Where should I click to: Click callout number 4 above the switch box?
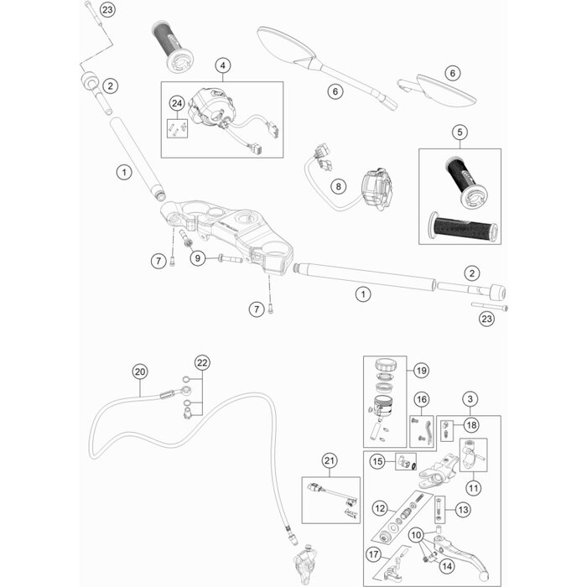[x=222, y=65]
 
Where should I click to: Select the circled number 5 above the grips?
[x=459, y=132]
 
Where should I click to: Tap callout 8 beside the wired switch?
[x=338, y=186]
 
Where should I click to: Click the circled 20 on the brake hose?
[x=140, y=371]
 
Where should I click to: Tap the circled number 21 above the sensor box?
[x=329, y=460]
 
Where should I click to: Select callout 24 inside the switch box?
[x=176, y=103]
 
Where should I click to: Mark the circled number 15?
[x=378, y=461]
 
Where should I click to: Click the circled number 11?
[x=475, y=486]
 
